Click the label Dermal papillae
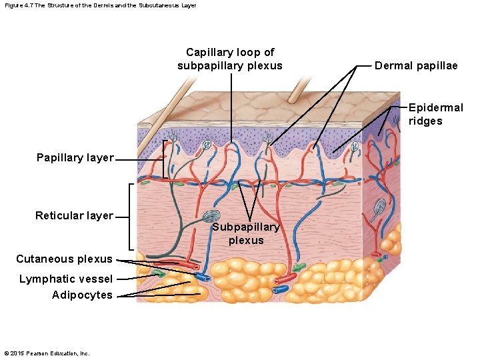click(416, 65)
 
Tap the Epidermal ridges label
click(435, 114)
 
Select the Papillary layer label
click(75, 158)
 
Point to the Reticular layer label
click(74, 215)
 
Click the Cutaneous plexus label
click(64, 259)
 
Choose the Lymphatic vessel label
click(65, 279)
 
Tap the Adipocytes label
click(82, 295)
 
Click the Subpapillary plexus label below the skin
click(246, 234)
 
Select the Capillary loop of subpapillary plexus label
click(230, 59)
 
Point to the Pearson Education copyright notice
click(47, 353)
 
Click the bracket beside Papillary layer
click(164, 159)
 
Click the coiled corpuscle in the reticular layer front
click(212, 217)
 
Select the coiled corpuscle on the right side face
click(379, 207)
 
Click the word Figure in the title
click(13, 5)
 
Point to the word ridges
click(425, 121)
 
